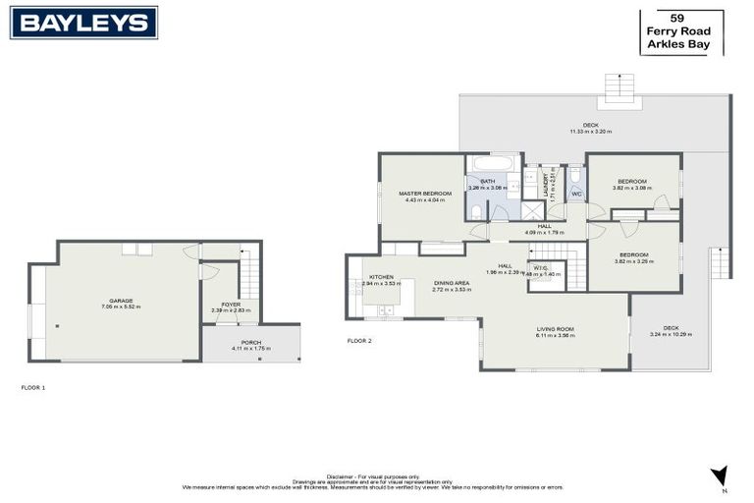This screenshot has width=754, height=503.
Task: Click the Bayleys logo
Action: pyautogui.click(x=83, y=23)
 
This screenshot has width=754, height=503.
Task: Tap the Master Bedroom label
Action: pyautogui.click(x=425, y=194)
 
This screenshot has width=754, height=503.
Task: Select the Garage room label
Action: pyautogui.click(x=121, y=301)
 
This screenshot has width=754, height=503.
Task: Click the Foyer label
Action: pyautogui.click(x=231, y=305)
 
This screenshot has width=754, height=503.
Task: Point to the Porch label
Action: pyautogui.click(x=251, y=342)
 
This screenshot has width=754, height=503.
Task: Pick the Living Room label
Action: pyautogui.click(x=555, y=329)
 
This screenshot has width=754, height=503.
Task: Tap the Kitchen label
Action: pyautogui.click(x=381, y=277)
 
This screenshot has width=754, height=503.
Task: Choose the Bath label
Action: pyautogui.click(x=487, y=180)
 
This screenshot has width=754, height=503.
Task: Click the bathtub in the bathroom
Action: pyautogui.click(x=492, y=163)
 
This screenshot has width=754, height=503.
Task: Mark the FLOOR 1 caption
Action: pyautogui.click(x=33, y=388)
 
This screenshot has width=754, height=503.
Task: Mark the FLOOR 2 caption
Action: pyautogui.click(x=359, y=341)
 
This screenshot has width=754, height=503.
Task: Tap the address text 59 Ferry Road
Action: pyautogui.click(x=677, y=25)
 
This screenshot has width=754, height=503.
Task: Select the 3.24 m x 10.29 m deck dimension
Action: pyautogui.click(x=672, y=334)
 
